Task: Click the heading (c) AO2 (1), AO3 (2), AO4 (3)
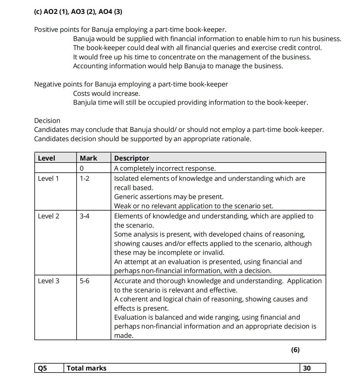(x=78, y=12)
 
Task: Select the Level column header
(x=47, y=158)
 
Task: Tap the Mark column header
(x=88, y=158)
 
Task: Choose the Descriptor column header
(x=132, y=158)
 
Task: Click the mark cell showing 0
(x=82, y=168)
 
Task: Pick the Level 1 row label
(x=48, y=178)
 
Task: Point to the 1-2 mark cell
(x=85, y=178)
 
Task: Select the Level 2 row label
(x=49, y=216)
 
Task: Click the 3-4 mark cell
(x=85, y=216)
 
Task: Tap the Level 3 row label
(x=49, y=281)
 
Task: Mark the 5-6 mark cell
(x=85, y=281)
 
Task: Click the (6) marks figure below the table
(x=295, y=350)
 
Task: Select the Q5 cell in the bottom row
(x=42, y=368)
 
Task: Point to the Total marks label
(x=87, y=368)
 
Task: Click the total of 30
(x=307, y=368)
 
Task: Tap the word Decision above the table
(x=47, y=121)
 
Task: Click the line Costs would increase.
(x=107, y=93)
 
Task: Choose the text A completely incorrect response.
(x=165, y=168)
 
